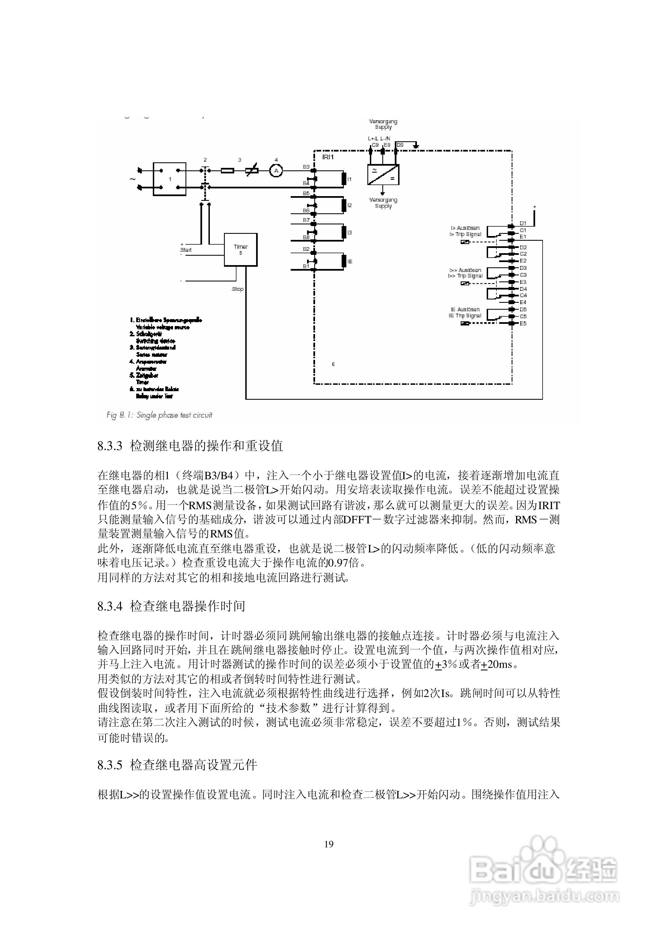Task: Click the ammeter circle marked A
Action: point(276,171)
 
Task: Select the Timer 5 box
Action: point(241,250)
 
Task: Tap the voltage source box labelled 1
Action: point(169,179)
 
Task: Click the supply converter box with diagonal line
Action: point(383,175)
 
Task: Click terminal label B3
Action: point(306,167)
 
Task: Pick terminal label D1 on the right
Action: point(523,223)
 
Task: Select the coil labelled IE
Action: point(344,262)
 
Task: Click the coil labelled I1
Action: point(344,179)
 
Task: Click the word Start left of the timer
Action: point(186,250)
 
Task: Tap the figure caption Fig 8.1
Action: point(159,415)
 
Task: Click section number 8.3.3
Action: point(110,446)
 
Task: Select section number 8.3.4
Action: point(110,606)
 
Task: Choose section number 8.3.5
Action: point(110,765)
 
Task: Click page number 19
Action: point(329,844)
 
